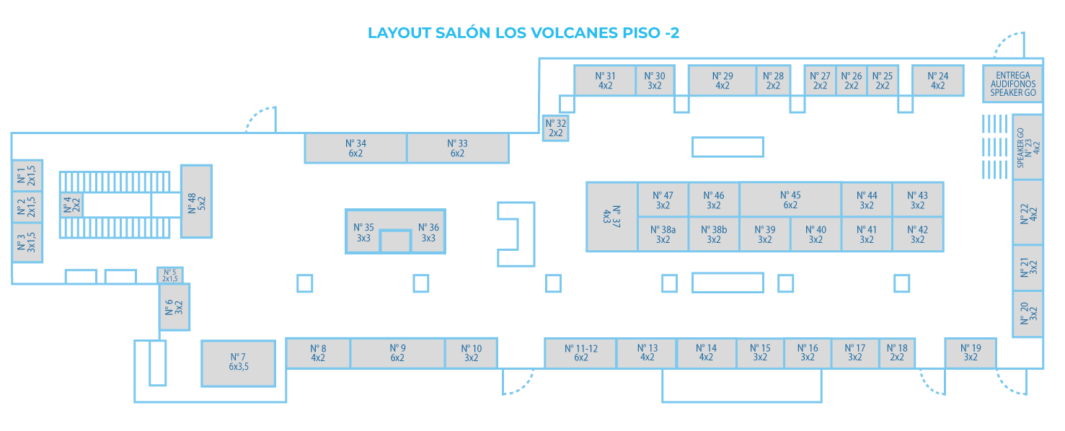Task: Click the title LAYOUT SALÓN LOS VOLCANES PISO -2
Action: coord(523,33)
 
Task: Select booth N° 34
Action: coord(355,148)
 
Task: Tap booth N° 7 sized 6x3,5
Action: coord(238,363)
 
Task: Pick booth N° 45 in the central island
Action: coord(790,200)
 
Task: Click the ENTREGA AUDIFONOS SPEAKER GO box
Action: coord(1012,84)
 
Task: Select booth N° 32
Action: coord(555,128)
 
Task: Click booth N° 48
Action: coord(195,201)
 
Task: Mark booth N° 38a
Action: coord(663,235)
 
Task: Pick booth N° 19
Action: coord(971,352)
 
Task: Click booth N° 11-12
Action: coord(580,352)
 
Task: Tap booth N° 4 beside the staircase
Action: coord(71,205)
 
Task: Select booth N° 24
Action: coord(938,80)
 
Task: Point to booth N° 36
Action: coord(428,232)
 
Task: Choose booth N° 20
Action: coord(1028,314)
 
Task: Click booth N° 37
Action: coord(611,217)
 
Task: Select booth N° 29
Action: coord(722,80)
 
